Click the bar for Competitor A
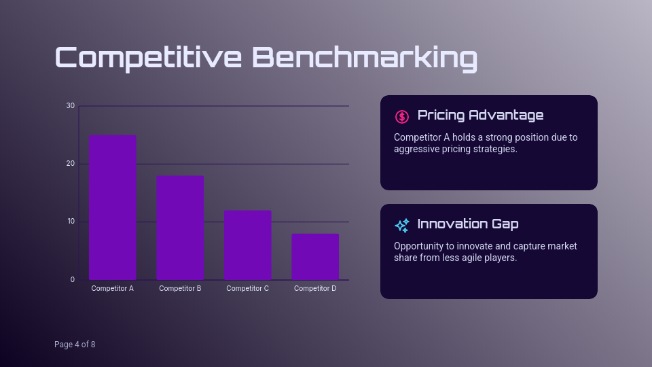pos(112,207)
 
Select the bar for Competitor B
pos(180,228)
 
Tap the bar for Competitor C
pos(247,245)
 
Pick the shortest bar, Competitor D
pos(315,256)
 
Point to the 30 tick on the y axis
pos(71,106)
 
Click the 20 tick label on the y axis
pos(71,164)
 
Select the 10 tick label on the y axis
pos(71,222)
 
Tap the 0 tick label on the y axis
pos(73,280)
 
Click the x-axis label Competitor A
pos(112,289)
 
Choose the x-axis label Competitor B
pos(180,289)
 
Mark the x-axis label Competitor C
pos(247,289)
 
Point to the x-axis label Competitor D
pos(315,289)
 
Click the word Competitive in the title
pos(148,58)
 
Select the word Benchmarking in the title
pos(365,58)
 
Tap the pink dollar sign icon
pos(402,116)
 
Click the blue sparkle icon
pos(402,225)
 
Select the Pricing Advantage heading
pos(480,115)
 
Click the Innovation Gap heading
pos(468,224)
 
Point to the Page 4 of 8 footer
pos(75,345)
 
